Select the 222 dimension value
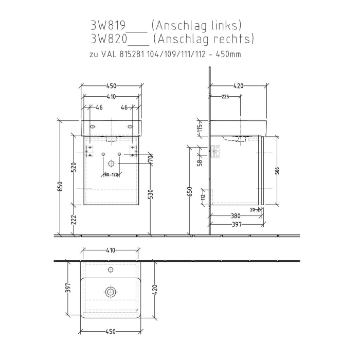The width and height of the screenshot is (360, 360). pyautogui.click(x=74, y=220)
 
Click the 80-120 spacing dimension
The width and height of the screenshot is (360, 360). pyautogui.click(x=111, y=175)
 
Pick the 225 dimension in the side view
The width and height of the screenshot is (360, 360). pyautogui.click(x=225, y=97)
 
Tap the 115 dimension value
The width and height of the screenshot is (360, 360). pyautogui.click(x=201, y=128)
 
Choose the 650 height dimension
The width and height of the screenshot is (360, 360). pyautogui.click(x=190, y=191)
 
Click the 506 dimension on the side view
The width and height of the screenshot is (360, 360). pyautogui.click(x=276, y=171)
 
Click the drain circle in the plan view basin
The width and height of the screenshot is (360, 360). pyautogui.click(x=110, y=292)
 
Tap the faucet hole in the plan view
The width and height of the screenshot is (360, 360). pyautogui.click(x=110, y=269)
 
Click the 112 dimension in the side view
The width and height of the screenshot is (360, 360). pyautogui.click(x=203, y=196)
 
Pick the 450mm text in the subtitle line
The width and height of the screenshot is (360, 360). pyautogui.click(x=230, y=53)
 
